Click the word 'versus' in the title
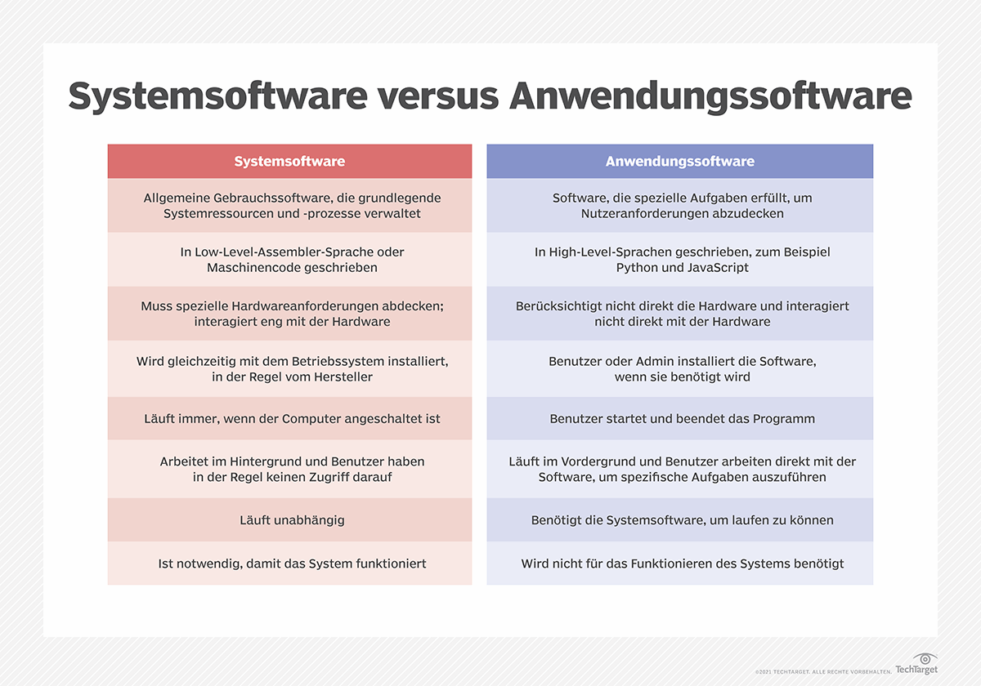[x=437, y=96]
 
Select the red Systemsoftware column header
[x=289, y=161]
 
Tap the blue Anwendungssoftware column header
[x=679, y=161]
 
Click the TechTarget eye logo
[x=925, y=659]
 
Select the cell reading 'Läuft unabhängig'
[x=289, y=519]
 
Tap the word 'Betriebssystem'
[x=359, y=361]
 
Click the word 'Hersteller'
[x=338, y=376]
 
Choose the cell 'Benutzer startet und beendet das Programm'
[x=679, y=418]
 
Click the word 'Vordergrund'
[x=590, y=461]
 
